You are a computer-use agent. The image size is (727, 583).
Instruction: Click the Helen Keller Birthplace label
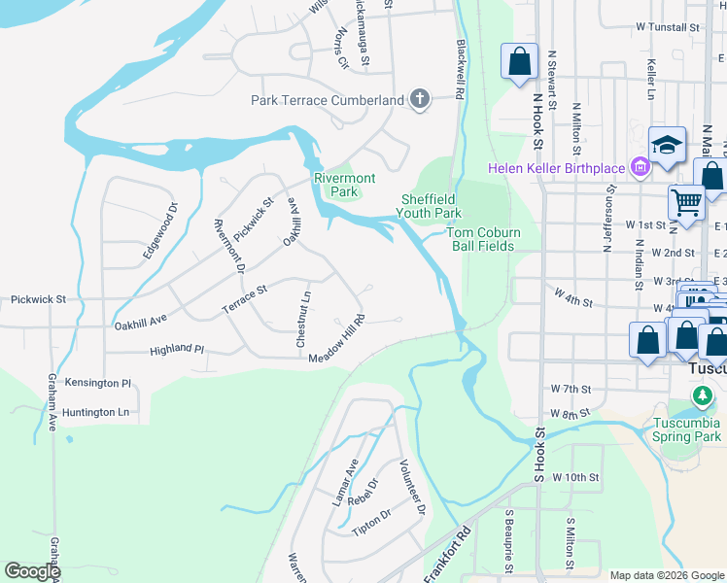point(556,168)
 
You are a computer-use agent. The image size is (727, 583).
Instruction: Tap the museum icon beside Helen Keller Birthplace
point(640,169)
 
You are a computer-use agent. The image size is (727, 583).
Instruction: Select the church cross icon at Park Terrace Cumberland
point(420,99)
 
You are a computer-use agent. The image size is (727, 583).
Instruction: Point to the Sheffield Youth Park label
point(431,206)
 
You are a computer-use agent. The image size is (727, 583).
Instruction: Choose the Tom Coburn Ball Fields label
point(484,239)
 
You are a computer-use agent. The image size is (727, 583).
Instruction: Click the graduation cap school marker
point(668,147)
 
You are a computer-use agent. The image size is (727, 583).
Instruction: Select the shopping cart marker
point(686,203)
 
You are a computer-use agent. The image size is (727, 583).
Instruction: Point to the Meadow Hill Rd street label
point(336,340)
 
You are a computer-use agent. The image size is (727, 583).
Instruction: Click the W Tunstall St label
point(668,28)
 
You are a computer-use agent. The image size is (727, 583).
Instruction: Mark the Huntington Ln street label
point(95,412)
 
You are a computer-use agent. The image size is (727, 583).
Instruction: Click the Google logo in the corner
point(32,571)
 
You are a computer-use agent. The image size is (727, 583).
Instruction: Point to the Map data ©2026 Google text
point(666,575)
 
